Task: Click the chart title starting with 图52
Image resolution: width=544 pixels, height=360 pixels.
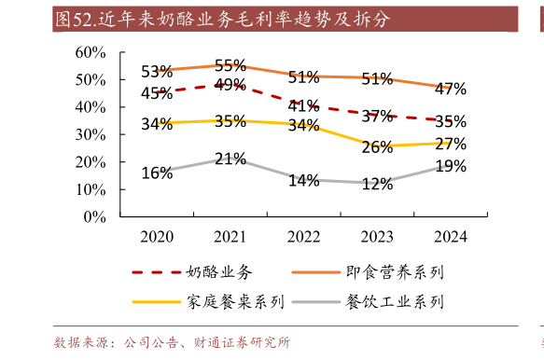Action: coord(222,19)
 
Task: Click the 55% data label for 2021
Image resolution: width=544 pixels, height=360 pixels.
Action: coord(230,66)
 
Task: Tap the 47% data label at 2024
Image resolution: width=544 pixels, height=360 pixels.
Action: coord(451,90)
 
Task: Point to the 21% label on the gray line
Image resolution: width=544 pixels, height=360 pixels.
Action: coord(230,159)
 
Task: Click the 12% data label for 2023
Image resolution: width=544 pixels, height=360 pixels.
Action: coord(377,184)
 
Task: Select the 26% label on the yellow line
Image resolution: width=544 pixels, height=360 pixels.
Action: coord(377,147)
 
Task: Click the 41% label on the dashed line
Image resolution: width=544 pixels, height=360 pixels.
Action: coord(304,105)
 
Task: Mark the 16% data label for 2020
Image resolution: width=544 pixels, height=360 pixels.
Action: coord(157,173)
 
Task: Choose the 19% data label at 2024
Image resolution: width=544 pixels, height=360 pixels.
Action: coord(451,166)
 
